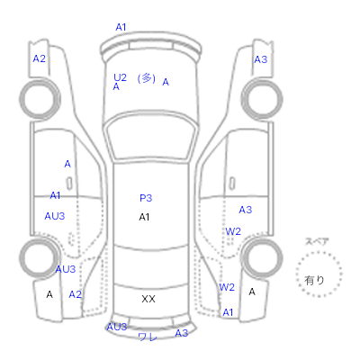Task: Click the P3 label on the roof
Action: point(146,198)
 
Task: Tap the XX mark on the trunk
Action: point(148,299)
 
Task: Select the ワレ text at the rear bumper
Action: point(148,337)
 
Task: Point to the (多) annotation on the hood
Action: point(147,78)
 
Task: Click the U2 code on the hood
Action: point(120,77)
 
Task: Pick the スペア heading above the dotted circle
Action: point(317,241)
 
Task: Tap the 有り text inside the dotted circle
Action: point(314,281)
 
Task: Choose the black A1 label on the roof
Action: point(144,217)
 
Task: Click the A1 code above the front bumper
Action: point(121,27)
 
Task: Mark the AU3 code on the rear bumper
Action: point(117,327)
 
